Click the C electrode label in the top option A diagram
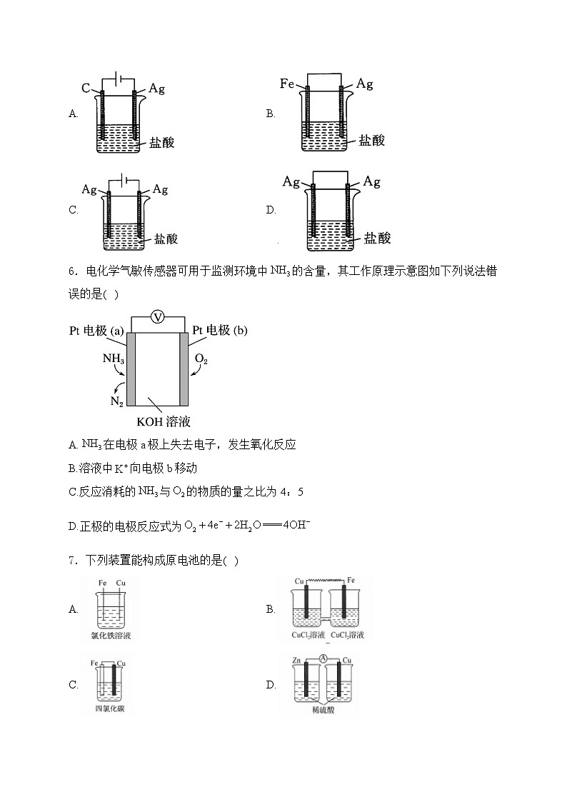point(86,89)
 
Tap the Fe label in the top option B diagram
point(288,84)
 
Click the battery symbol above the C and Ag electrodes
point(119,79)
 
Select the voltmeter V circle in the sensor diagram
point(159,319)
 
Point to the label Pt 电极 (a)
point(97,330)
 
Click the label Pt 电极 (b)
point(220,330)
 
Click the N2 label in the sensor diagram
point(116,401)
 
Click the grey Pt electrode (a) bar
point(131,368)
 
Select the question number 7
point(72,561)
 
